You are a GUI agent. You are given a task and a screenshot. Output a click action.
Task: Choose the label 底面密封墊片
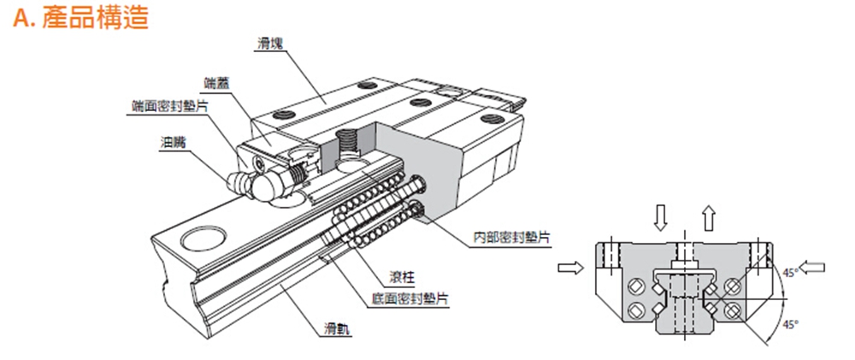(410, 299)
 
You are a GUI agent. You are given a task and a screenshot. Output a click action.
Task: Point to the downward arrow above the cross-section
(659, 219)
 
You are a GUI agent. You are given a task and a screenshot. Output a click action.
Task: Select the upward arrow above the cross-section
(708, 219)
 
